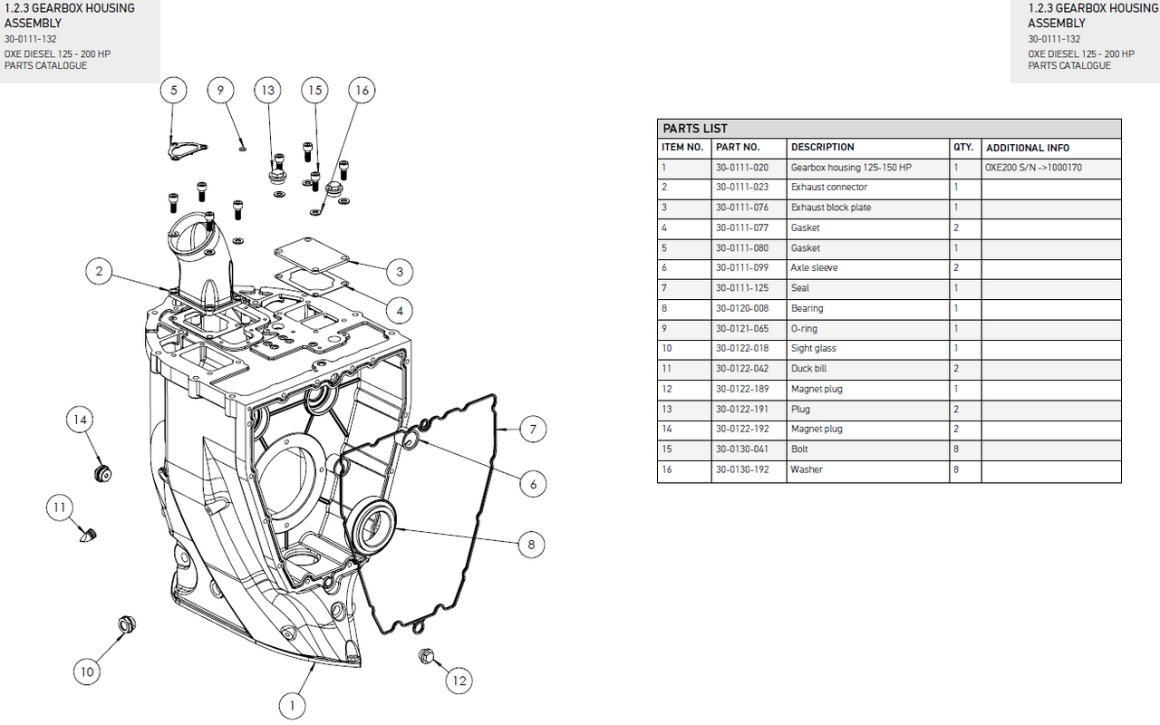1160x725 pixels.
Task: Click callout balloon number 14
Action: coord(81,420)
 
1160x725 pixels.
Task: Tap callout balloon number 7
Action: coord(533,430)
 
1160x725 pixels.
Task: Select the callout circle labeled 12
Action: coord(460,681)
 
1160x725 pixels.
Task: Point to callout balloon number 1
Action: coord(292,705)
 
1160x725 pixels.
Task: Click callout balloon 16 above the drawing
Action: coord(362,90)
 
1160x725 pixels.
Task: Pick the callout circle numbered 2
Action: coord(100,270)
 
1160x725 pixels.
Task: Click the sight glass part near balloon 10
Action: coord(125,624)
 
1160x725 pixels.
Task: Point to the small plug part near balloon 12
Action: coord(425,655)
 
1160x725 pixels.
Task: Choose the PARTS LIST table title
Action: coord(695,129)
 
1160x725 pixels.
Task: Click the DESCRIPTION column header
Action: coord(822,147)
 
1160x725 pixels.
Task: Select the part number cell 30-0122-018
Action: coord(742,349)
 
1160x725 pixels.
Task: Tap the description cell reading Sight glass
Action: coord(814,349)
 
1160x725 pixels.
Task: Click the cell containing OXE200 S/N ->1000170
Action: coord(1033,168)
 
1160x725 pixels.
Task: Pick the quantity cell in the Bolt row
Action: coord(956,449)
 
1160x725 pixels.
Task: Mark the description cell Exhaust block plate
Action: coord(831,208)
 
